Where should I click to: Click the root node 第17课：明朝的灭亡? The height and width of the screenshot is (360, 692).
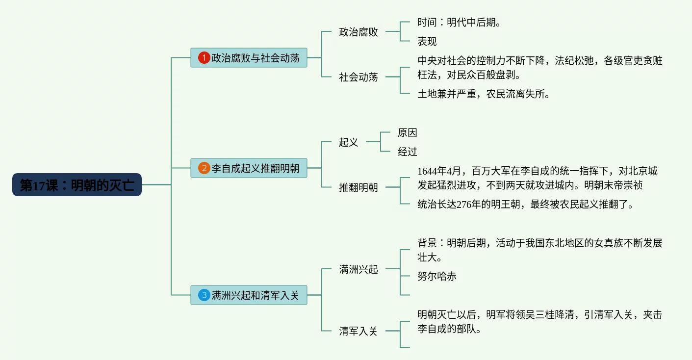[77, 185]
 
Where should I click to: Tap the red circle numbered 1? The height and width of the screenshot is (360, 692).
[204, 58]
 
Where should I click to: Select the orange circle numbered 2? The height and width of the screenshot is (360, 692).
[204, 168]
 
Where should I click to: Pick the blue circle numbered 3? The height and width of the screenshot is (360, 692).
[204, 295]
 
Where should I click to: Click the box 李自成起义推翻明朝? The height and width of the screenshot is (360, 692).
[255, 168]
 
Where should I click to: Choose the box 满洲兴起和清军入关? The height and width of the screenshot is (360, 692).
[255, 295]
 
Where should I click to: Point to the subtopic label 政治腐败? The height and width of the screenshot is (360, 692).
[359, 32]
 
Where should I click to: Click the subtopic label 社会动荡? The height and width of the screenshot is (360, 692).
[359, 77]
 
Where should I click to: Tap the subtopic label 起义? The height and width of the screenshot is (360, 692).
[349, 142]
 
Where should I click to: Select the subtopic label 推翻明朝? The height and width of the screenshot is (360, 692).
[359, 187]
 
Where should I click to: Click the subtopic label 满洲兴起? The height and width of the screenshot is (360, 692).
[359, 269]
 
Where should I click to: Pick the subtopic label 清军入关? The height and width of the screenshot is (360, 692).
[359, 331]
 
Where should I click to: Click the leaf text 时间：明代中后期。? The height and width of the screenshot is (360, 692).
[459, 23]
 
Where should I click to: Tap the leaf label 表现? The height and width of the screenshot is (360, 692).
[427, 41]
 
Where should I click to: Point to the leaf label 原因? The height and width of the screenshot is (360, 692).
[408, 133]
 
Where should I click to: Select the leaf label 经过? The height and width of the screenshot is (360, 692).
[408, 152]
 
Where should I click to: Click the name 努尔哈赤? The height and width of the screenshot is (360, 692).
[437, 276]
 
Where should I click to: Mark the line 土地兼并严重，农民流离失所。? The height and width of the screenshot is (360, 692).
[484, 94]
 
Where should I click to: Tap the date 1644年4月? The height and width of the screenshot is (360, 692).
[439, 171]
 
